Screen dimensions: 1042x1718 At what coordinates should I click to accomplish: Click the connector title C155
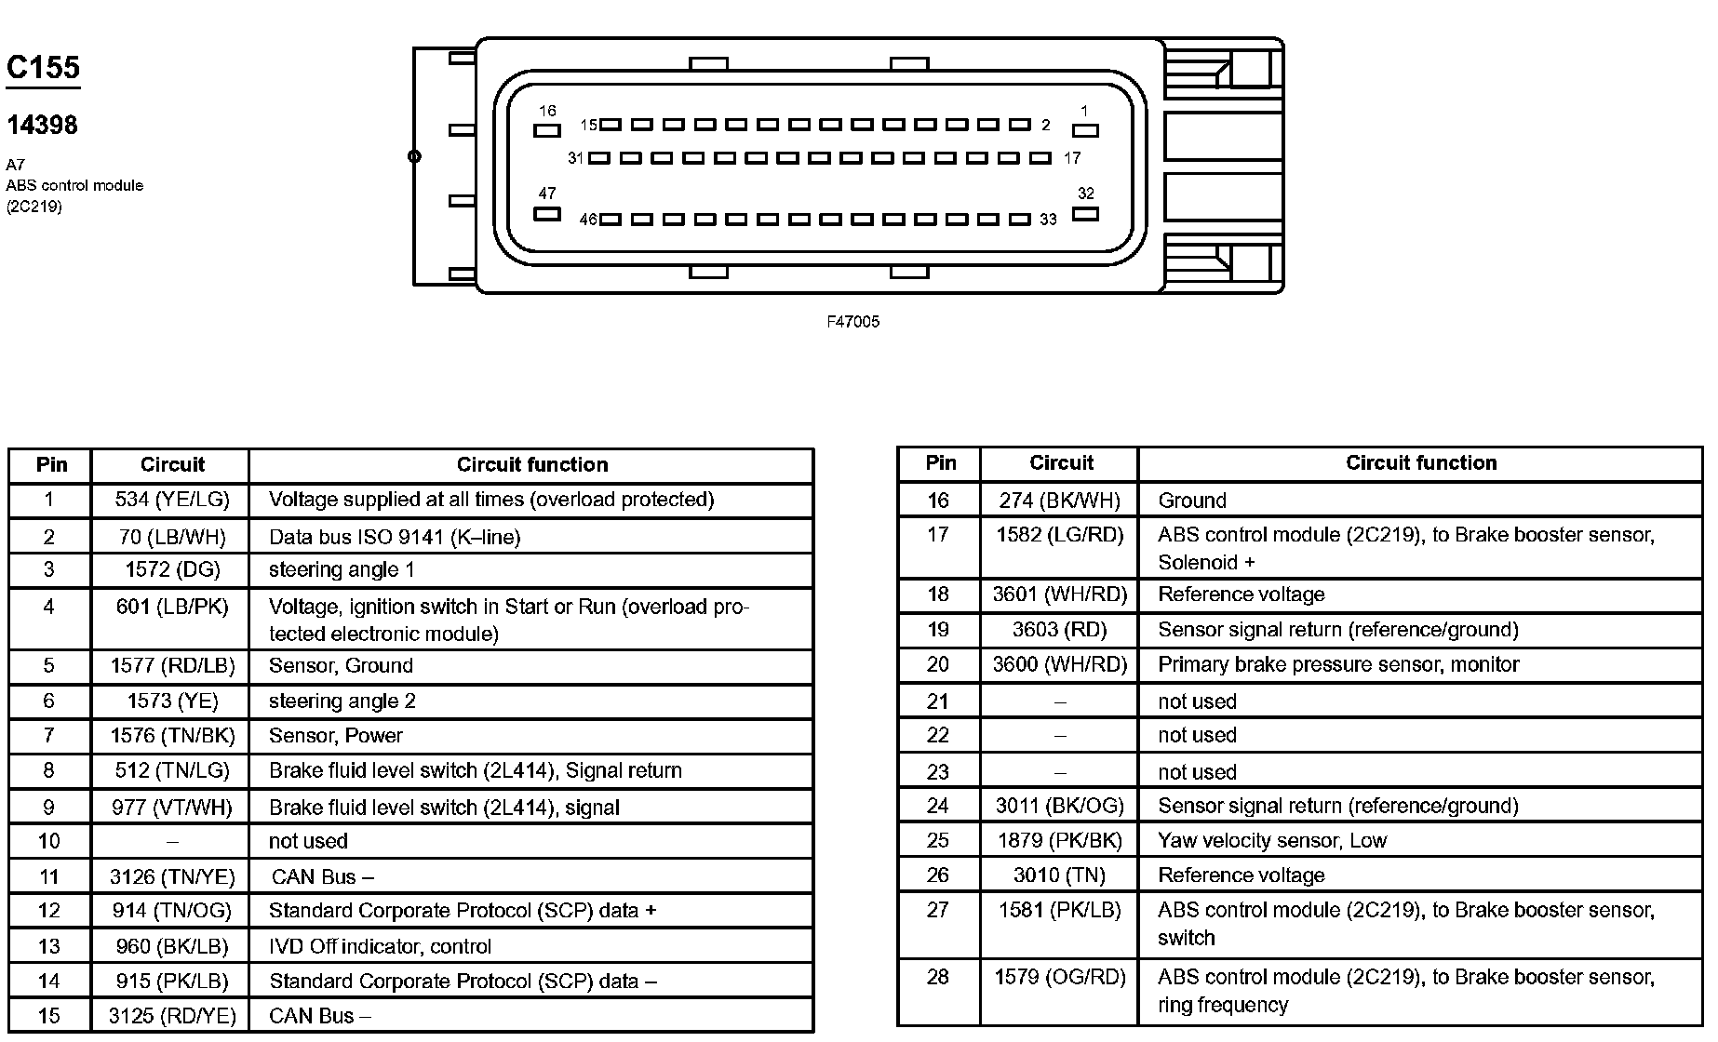pyautogui.click(x=43, y=68)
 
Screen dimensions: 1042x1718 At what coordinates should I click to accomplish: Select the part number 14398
pyautogui.click(x=42, y=125)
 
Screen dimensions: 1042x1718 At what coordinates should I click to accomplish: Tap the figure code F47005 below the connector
pyautogui.click(x=852, y=322)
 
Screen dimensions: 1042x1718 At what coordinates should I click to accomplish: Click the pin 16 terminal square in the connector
pyautogui.click(x=546, y=131)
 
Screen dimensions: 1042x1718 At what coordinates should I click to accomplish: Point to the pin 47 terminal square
pyautogui.click(x=547, y=214)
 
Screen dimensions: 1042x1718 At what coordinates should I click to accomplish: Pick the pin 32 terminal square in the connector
pyautogui.click(x=1085, y=214)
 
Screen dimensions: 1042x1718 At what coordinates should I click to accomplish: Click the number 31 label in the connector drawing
pyautogui.click(x=575, y=158)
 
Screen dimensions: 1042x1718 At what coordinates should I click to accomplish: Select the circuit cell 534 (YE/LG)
pyautogui.click(x=172, y=500)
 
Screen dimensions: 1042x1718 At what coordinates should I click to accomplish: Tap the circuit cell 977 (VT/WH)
pyautogui.click(x=172, y=808)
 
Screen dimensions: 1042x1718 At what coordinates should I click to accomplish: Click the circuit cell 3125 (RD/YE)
pyautogui.click(x=172, y=1016)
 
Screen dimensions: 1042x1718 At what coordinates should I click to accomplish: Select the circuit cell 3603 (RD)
pyautogui.click(x=1060, y=630)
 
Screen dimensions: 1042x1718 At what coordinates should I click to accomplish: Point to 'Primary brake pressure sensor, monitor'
pyautogui.click(x=1338, y=664)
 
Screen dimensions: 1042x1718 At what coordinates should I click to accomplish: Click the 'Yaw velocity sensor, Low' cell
pyautogui.click(x=1272, y=840)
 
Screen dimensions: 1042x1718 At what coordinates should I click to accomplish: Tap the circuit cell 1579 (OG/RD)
pyautogui.click(x=1060, y=977)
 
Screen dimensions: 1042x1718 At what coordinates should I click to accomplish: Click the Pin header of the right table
pyautogui.click(x=940, y=462)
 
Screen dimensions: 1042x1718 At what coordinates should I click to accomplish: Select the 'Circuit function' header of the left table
pyautogui.click(x=531, y=464)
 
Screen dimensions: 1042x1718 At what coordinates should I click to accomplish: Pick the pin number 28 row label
pyautogui.click(x=938, y=977)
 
